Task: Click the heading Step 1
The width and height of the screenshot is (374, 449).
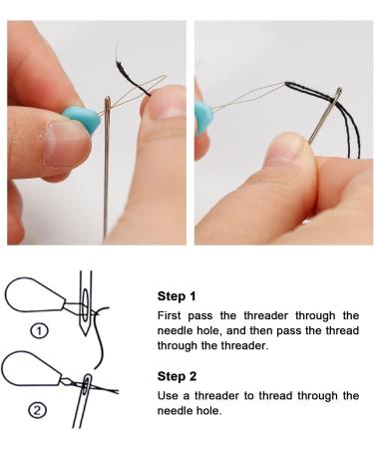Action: coord(177,296)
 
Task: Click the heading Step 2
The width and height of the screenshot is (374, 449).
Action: coord(177,376)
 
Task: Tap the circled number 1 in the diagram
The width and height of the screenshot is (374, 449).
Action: coord(39,331)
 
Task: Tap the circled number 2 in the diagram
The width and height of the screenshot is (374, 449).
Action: coord(37,411)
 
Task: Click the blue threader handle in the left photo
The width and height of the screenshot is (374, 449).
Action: coord(83,119)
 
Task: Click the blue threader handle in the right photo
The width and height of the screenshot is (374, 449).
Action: coord(201,118)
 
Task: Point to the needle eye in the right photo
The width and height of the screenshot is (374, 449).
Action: coord(338,94)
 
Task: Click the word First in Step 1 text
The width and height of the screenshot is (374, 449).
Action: coord(169,315)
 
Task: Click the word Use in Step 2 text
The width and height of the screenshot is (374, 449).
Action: coord(167,395)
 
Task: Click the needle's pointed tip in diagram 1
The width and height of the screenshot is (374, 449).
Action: coord(86,334)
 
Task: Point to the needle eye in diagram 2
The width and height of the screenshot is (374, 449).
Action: coord(87,385)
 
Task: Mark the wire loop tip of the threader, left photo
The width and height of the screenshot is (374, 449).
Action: coord(165,77)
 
